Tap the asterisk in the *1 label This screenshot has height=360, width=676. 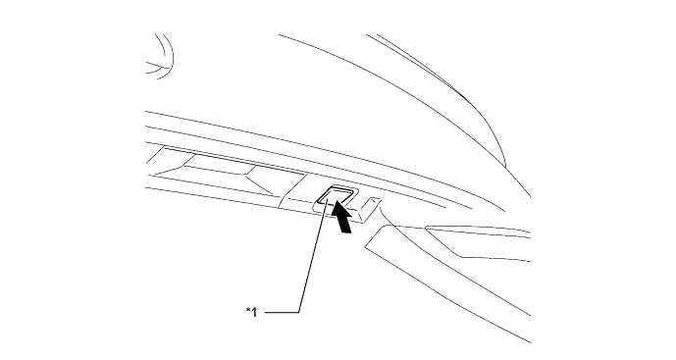click(x=247, y=311)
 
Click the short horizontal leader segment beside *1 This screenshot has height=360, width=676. click(x=280, y=312)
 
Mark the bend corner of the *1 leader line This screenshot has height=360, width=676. click(x=297, y=312)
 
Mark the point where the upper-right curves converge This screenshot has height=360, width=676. click(x=503, y=162)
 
